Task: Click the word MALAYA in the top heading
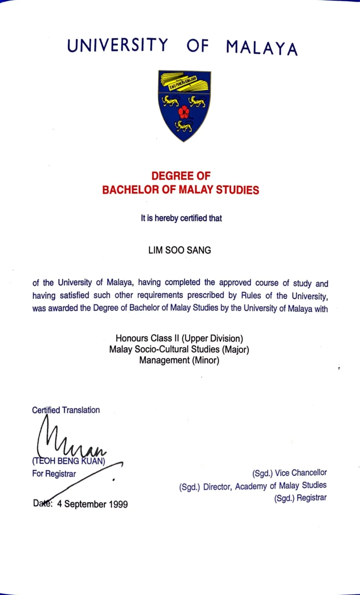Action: (262, 47)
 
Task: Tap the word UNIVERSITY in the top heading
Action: (117, 45)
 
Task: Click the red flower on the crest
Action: (184, 111)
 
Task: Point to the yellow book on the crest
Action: (184, 82)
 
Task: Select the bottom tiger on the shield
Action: (184, 125)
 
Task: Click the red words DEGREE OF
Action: (180, 176)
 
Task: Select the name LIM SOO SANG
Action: (180, 250)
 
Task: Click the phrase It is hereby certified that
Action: (181, 218)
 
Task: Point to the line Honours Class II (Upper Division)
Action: (179, 339)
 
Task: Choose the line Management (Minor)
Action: (180, 360)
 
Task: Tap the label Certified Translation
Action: (66, 410)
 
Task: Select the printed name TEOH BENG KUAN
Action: (69, 462)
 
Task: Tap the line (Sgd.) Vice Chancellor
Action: (290, 473)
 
